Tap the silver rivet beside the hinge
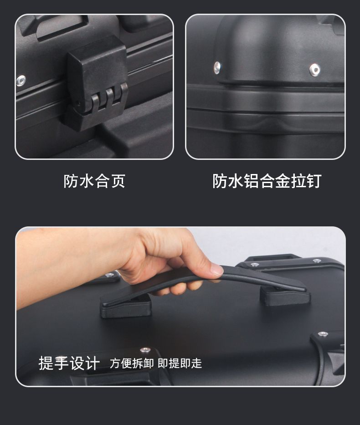(x=21, y=81)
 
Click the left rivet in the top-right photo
(x=217, y=67)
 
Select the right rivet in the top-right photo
(x=314, y=70)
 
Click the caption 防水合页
(x=94, y=181)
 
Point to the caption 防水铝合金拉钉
(x=267, y=181)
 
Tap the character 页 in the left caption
(x=118, y=181)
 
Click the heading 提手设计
(x=69, y=364)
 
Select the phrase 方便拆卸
(x=132, y=364)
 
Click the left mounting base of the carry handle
(x=126, y=306)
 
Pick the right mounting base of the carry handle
(x=285, y=296)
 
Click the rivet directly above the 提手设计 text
(x=145, y=350)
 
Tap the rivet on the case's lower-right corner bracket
(x=323, y=334)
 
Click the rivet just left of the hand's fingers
(x=109, y=275)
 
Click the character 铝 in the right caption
(x=250, y=181)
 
